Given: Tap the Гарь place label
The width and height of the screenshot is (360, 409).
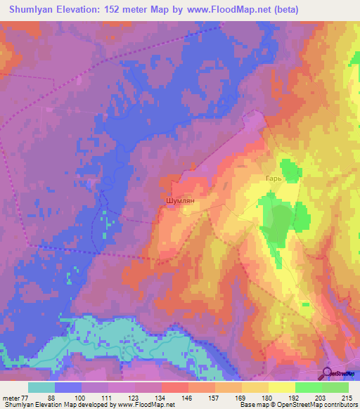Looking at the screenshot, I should (x=273, y=178).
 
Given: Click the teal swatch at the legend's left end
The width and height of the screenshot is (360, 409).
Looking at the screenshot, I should (x=41, y=387).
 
